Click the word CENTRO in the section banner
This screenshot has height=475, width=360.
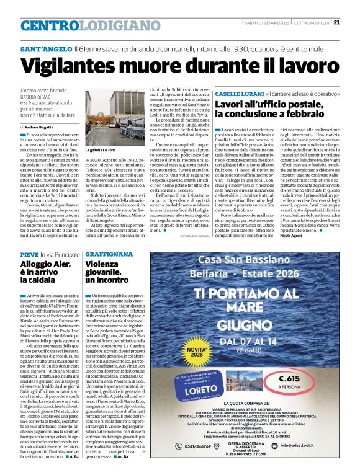tap(50, 25)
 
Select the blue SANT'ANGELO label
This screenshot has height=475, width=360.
tap(44, 48)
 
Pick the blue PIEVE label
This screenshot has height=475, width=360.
tap(29, 255)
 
